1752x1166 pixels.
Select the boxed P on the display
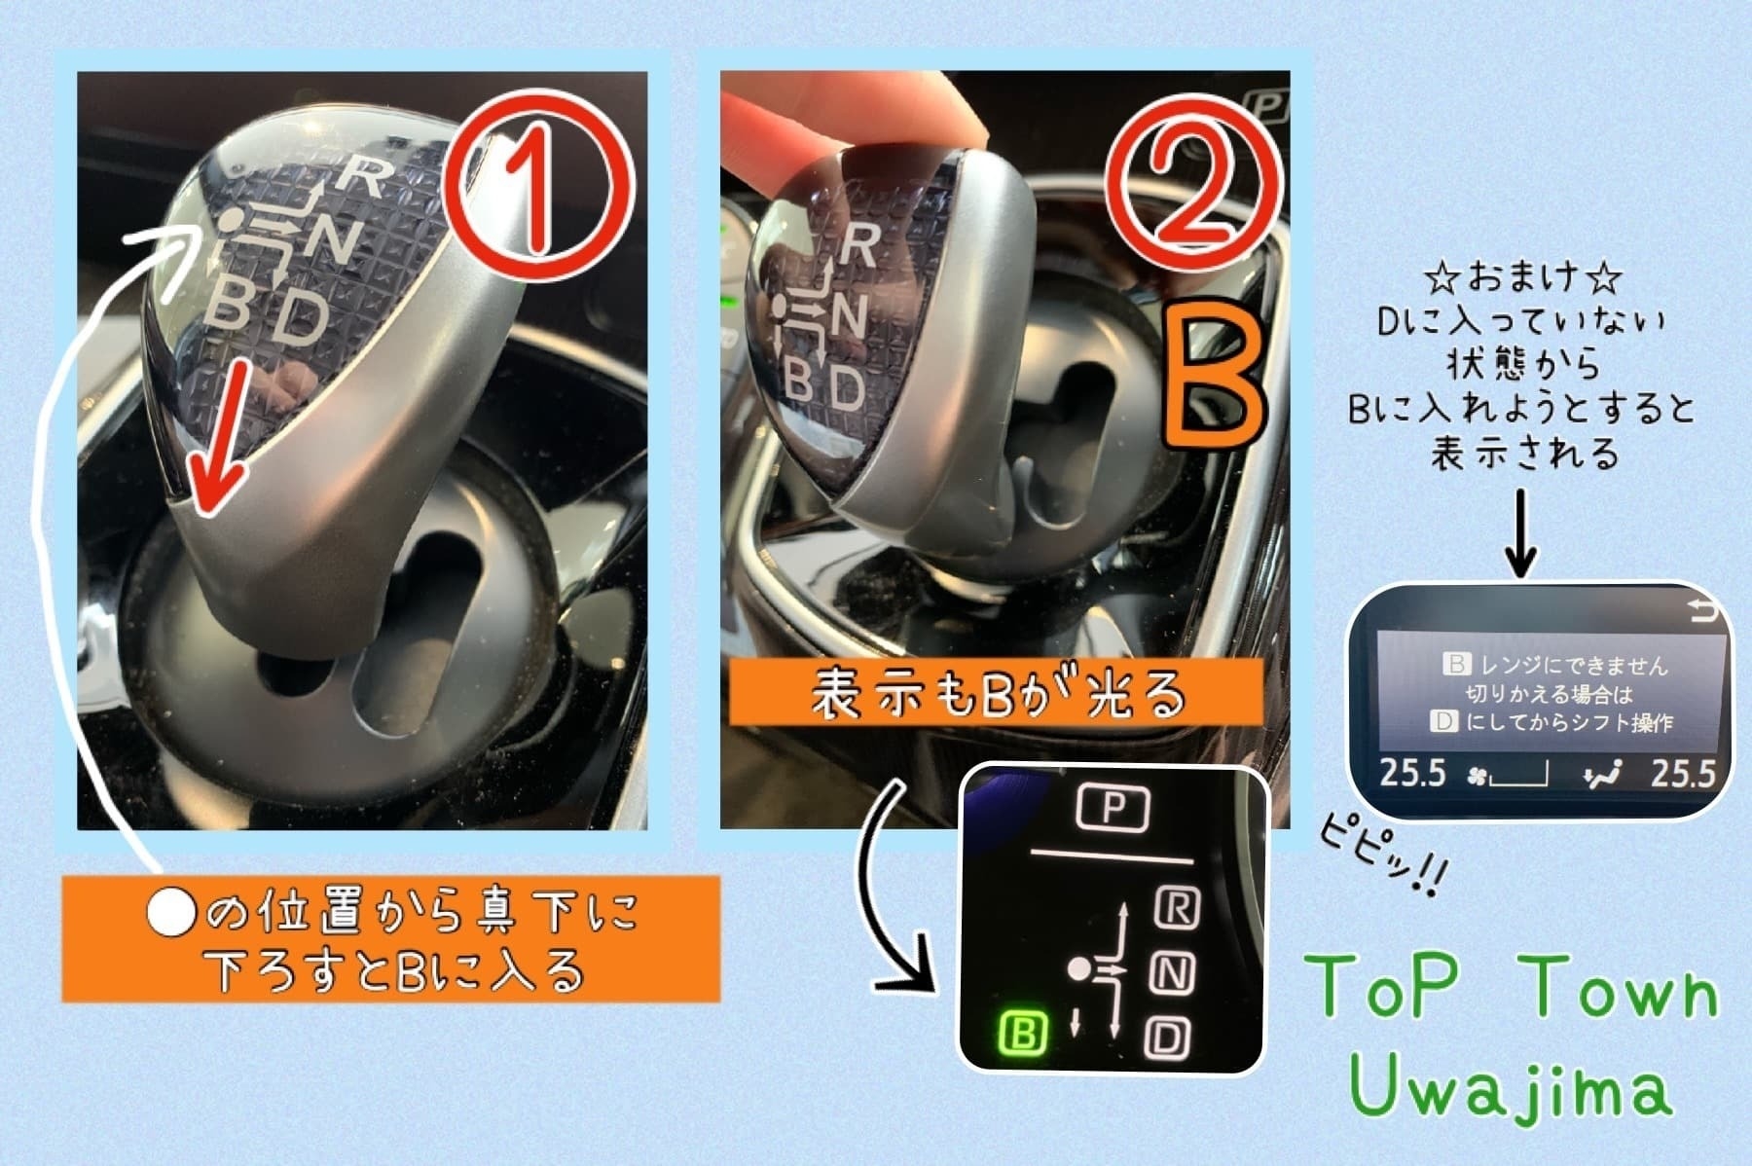point(1113,807)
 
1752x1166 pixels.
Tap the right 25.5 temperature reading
point(1683,773)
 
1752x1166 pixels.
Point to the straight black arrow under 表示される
point(1520,532)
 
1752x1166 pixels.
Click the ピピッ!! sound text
point(1382,856)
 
